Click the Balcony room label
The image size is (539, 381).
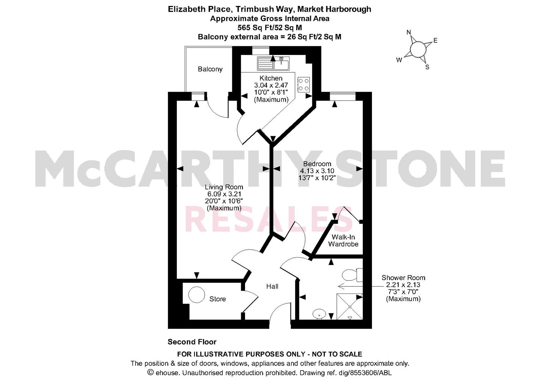(x=210, y=69)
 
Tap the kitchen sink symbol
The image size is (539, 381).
(x=273, y=63)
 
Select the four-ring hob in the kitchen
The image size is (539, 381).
(x=304, y=85)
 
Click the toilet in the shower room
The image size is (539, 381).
(x=352, y=275)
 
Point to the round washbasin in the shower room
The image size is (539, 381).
(x=319, y=314)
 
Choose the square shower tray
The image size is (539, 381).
(x=349, y=307)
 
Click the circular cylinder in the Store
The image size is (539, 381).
(x=197, y=295)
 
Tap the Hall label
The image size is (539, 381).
(x=272, y=286)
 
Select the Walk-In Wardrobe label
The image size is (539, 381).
(x=343, y=241)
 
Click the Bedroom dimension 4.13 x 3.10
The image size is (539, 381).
(x=317, y=171)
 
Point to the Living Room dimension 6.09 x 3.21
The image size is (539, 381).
(x=224, y=194)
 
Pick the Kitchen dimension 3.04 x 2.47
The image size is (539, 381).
(x=271, y=85)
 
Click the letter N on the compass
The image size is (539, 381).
(x=409, y=32)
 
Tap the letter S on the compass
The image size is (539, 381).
(x=427, y=67)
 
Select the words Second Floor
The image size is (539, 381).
(x=192, y=342)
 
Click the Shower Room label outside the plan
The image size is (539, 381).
(x=403, y=278)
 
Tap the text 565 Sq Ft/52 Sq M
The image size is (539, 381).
(x=270, y=28)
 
